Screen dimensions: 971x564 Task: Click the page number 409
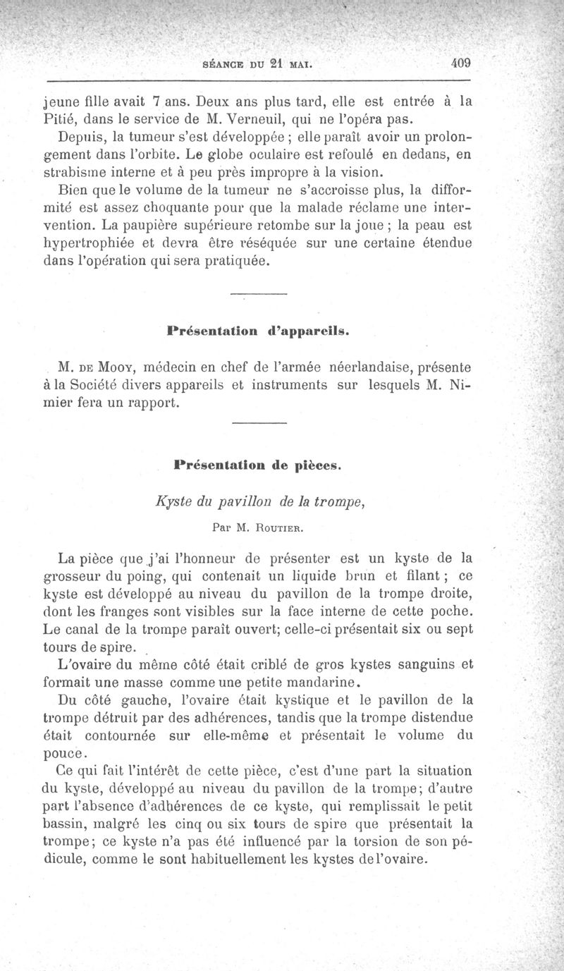pyautogui.click(x=461, y=62)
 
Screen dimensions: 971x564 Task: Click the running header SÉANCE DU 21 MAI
pyautogui.click(x=257, y=63)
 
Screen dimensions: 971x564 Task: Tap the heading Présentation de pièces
pyautogui.click(x=257, y=465)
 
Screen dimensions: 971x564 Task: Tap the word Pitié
pyautogui.click(x=62, y=117)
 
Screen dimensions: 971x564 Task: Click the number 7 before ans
pyautogui.click(x=158, y=100)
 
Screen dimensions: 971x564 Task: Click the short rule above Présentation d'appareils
pyautogui.click(x=259, y=293)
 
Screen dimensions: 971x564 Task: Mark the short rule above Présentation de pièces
pyautogui.click(x=259, y=423)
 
